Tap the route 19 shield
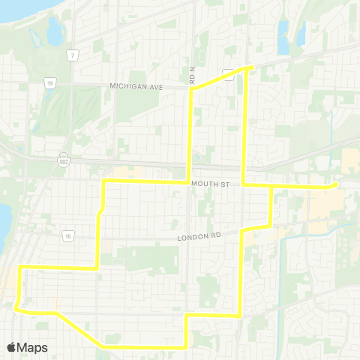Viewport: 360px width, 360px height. tap(48, 84)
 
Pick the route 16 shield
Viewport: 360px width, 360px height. tap(67, 235)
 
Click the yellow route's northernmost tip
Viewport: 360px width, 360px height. tap(250, 67)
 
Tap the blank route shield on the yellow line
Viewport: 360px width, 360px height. tap(228, 72)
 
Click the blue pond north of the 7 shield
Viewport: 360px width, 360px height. tap(54, 30)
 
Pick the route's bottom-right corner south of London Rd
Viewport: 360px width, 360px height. tap(238, 316)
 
